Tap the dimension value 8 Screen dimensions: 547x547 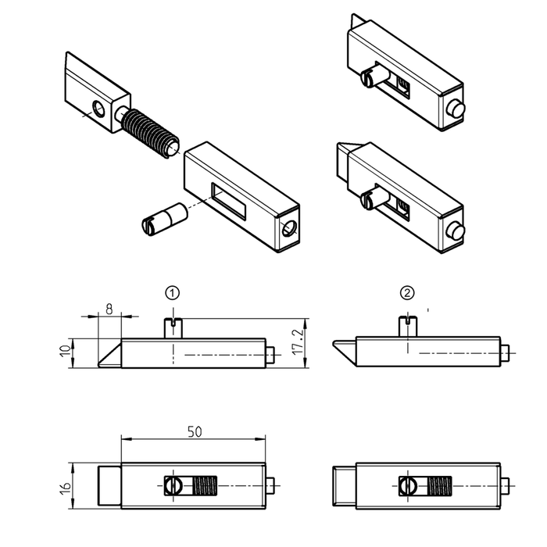109,309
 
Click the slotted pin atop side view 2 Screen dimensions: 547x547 407,326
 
